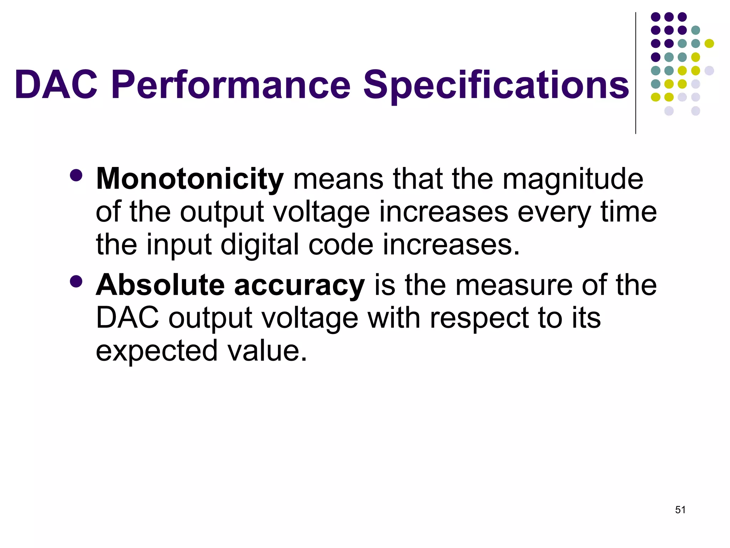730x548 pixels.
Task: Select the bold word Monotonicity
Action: [190, 179]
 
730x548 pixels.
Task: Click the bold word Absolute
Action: [160, 285]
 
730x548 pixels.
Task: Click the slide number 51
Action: [680, 510]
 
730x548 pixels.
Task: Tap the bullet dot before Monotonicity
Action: [76, 175]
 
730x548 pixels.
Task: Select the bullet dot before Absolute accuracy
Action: [76, 281]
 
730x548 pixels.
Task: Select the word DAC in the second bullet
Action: [127, 318]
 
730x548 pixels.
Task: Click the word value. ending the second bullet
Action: [267, 351]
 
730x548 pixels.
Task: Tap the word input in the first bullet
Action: [180, 246]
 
